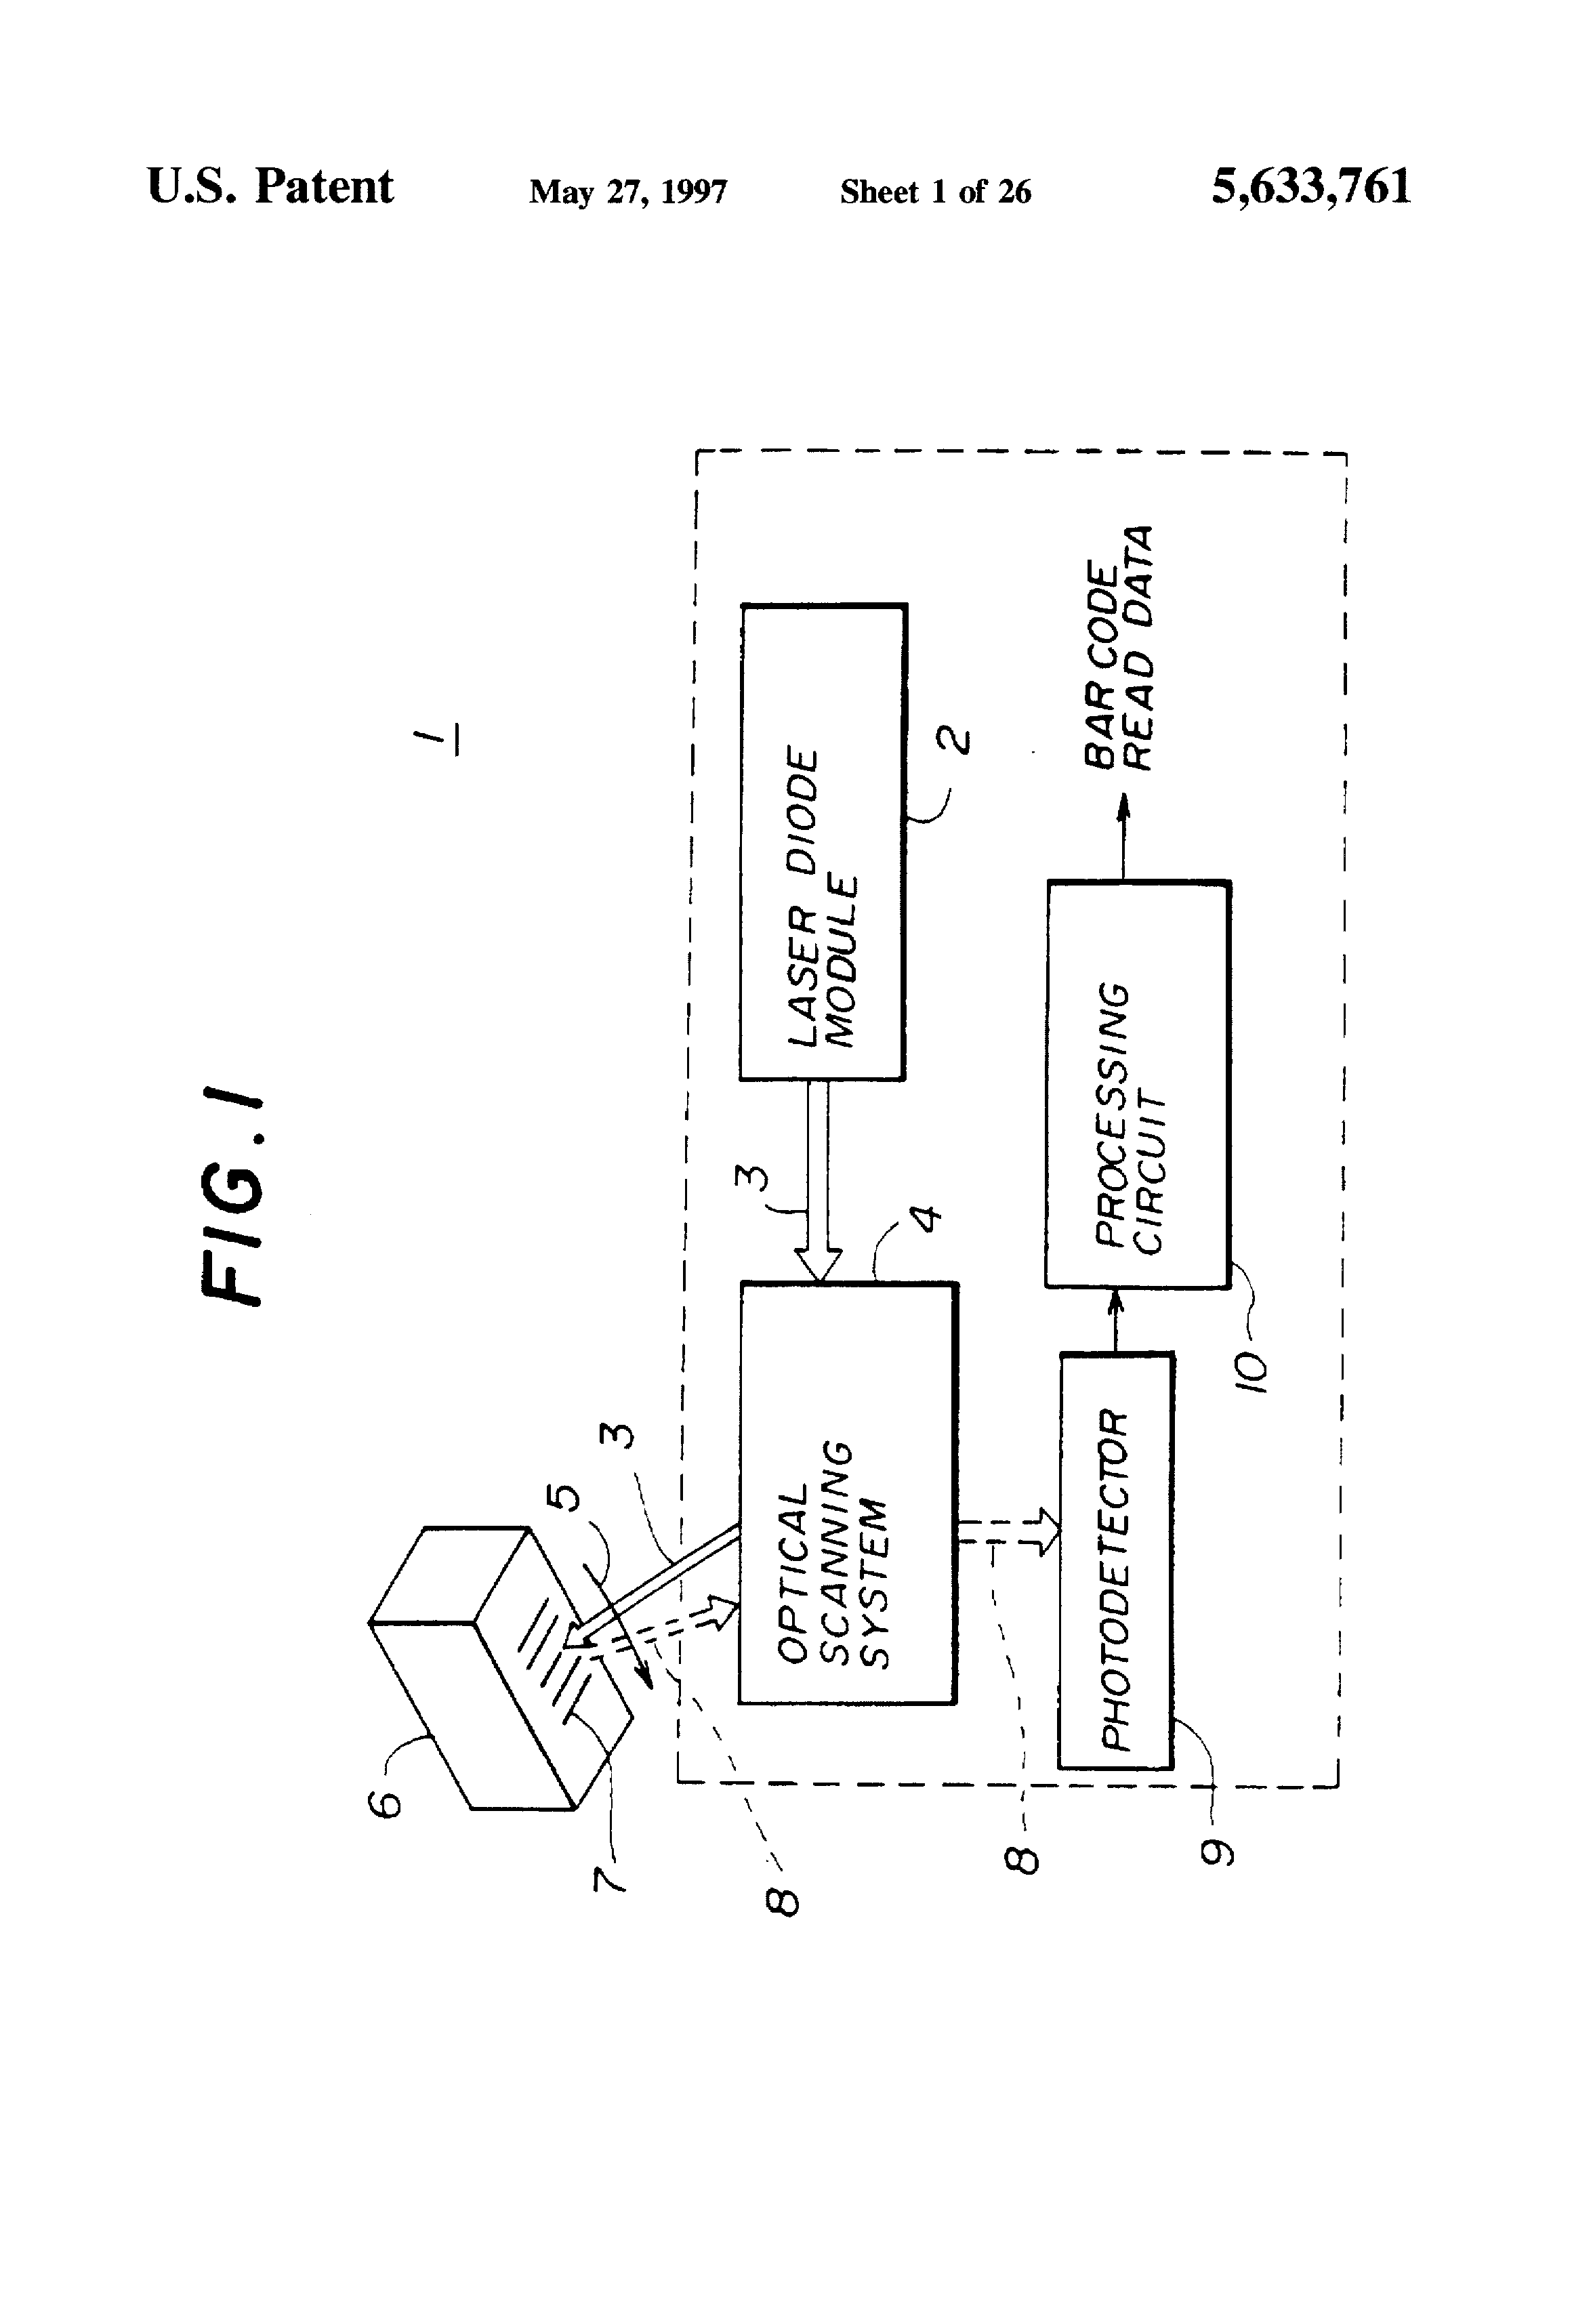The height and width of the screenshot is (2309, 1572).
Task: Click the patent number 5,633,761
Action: coord(1310,187)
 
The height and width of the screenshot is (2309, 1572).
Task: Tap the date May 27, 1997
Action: coord(628,191)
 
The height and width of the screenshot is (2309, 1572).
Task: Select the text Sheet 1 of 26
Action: coord(935,191)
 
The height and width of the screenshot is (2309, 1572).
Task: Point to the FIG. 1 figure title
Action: coord(232,1193)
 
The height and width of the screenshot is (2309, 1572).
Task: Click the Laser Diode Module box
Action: coord(823,841)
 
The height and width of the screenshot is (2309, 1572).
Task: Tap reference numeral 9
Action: coord(1218,1851)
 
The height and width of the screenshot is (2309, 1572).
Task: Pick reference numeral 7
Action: coord(608,1879)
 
